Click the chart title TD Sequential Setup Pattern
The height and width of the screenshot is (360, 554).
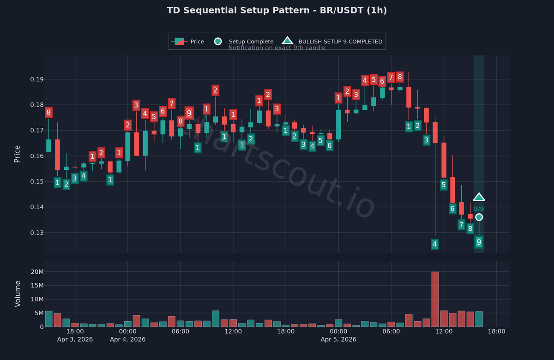point(277,10)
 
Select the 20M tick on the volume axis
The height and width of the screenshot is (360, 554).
point(37,272)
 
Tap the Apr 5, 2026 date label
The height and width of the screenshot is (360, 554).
point(338,339)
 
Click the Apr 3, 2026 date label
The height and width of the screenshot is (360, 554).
point(75,339)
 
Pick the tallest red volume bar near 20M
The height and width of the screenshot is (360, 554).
point(435,299)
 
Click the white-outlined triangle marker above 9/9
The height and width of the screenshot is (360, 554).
point(479,198)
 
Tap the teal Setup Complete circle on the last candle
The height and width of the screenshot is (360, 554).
point(479,217)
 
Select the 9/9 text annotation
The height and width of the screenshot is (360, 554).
point(479,209)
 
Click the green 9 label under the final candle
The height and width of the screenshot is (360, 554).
point(479,242)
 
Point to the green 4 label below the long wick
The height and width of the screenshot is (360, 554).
point(434,244)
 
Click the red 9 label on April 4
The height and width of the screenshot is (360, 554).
point(189,113)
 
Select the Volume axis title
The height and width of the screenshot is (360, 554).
point(18,294)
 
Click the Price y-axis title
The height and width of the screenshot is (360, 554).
point(18,154)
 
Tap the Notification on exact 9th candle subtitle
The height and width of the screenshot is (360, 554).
point(277,48)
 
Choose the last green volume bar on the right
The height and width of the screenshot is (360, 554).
point(479,319)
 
